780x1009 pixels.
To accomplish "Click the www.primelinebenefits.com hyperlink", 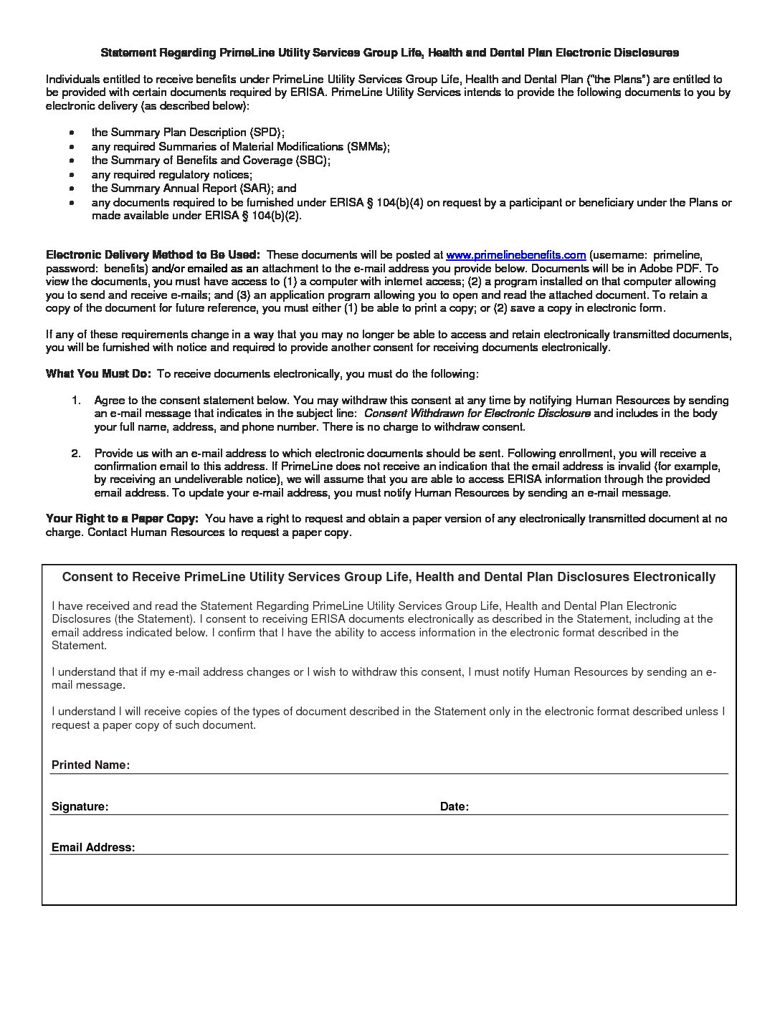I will tap(515, 255).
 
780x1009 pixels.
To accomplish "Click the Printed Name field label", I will tap(90, 765).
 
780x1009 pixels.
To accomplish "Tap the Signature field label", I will tap(80, 807).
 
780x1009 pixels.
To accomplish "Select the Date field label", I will tap(454, 807).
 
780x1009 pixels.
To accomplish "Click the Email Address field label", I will tap(93, 848).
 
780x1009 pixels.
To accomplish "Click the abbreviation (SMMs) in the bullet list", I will tap(368, 147).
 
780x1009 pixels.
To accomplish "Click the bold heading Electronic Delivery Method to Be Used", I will tap(153, 255).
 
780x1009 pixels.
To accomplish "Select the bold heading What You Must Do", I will tap(98, 374).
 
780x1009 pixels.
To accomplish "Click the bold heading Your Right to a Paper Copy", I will tap(122, 518).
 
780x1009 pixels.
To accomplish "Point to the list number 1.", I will tap(75, 401).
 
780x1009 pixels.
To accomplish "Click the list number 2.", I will tap(75, 454).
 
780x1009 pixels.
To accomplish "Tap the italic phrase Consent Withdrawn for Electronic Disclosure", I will tap(477, 413).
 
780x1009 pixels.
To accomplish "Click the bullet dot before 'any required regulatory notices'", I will tap(72, 175).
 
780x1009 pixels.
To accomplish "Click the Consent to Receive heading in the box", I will tap(389, 577).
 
